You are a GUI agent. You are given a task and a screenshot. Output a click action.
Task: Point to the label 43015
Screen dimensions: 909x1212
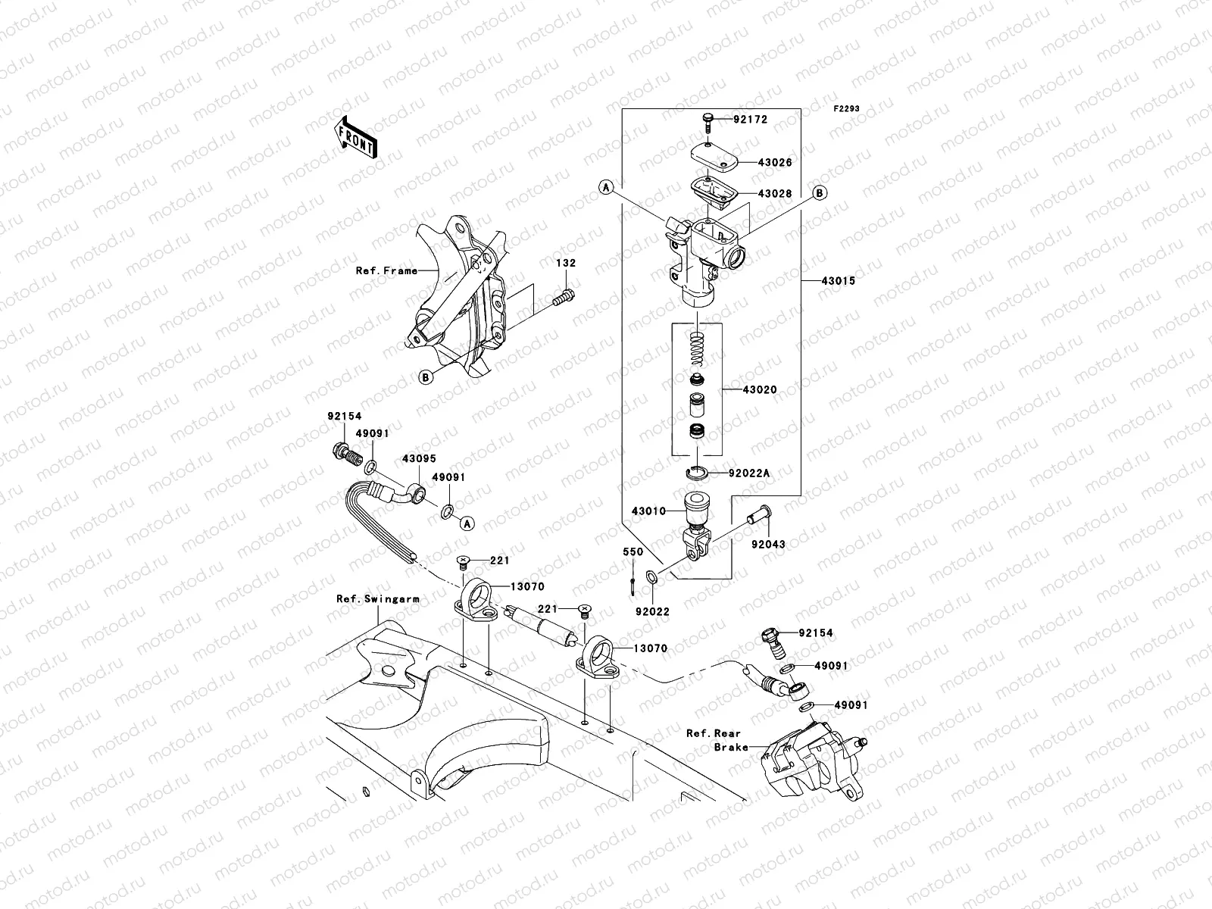click(x=838, y=280)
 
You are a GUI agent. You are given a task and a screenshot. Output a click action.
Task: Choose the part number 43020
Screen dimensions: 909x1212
click(x=760, y=389)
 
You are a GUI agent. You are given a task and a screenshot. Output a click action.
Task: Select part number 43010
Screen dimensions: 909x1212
click(x=647, y=511)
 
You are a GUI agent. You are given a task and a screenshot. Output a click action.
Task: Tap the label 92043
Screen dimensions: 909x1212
click(x=768, y=544)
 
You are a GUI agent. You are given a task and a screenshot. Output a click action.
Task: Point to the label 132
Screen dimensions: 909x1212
click(x=567, y=264)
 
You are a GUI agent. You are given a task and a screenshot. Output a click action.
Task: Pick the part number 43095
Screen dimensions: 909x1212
click(x=419, y=459)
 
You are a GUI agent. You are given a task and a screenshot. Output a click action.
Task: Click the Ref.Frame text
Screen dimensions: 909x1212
click(x=386, y=270)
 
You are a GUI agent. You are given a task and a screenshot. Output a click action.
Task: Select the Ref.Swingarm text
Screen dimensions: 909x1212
click(x=377, y=598)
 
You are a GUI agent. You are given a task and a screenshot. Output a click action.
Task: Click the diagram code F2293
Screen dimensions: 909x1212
click(x=847, y=109)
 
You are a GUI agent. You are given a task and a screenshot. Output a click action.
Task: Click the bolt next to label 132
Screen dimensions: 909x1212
click(x=565, y=298)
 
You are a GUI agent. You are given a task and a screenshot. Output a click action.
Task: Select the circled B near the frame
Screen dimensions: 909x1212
click(x=426, y=376)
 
